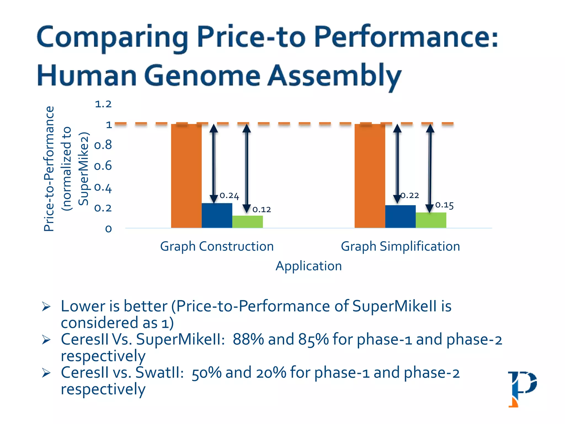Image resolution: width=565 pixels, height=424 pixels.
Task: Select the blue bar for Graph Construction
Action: point(217,216)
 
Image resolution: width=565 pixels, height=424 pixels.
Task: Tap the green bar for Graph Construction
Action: point(247,222)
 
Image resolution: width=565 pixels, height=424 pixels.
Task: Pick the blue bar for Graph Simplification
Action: point(400,217)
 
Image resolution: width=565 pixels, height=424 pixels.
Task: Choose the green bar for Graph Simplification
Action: point(431,220)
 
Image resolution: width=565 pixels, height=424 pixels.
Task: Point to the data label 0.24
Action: point(229,196)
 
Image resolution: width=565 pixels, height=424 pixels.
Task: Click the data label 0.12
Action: point(262,210)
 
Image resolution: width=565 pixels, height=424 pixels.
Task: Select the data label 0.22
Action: point(410,195)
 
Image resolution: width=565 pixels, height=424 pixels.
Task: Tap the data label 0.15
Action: point(444,205)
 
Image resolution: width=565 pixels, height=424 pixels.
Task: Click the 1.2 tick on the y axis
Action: point(103,104)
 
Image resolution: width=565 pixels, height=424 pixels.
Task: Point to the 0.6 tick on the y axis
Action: point(103,166)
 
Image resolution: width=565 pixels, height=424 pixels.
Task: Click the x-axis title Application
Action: point(309,266)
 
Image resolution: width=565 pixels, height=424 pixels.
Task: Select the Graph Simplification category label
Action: point(400,246)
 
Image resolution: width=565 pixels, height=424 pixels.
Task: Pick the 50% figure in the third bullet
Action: point(207,373)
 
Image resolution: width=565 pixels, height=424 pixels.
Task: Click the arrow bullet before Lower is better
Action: point(46,307)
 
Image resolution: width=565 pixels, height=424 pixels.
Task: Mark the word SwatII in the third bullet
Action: point(159,373)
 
